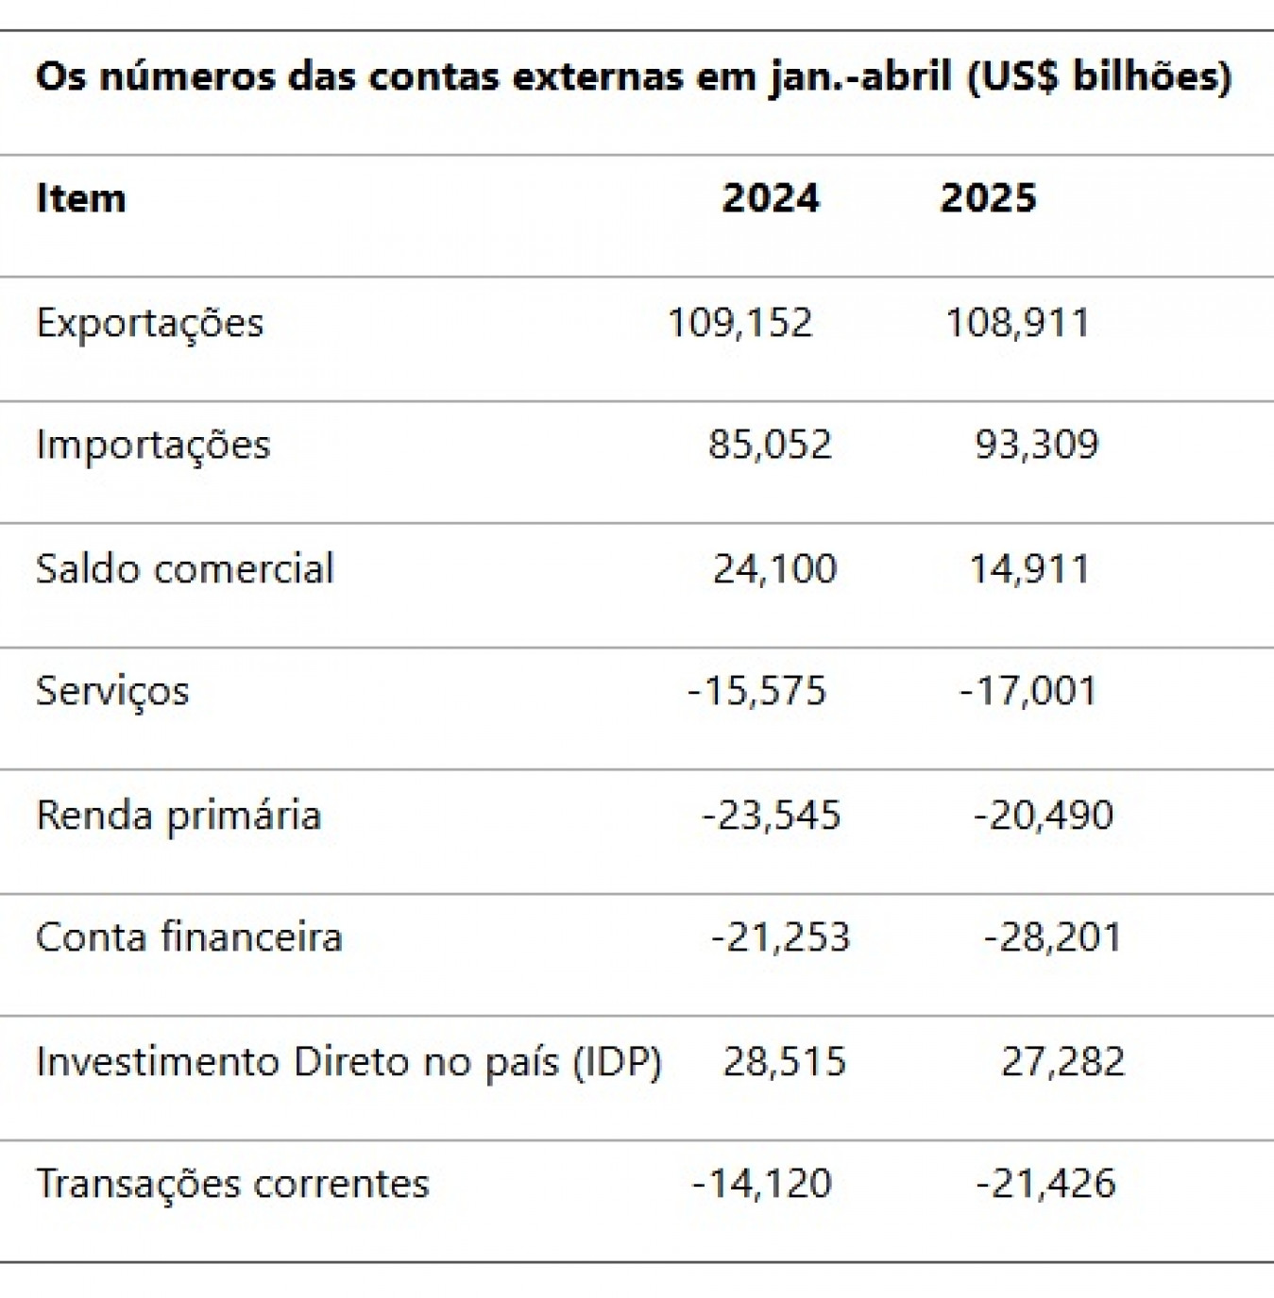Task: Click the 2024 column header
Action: click(x=771, y=198)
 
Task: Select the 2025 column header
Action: click(x=988, y=198)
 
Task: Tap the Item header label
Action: click(x=80, y=198)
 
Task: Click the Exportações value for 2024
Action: click(x=739, y=323)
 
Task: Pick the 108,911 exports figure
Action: click(x=1017, y=323)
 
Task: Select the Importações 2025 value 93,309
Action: click(x=1036, y=445)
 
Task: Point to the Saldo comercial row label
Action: click(x=185, y=569)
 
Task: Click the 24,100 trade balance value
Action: click(x=774, y=569)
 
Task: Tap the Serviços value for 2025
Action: click(x=1028, y=691)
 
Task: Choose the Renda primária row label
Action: click(x=178, y=815)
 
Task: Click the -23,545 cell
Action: click(x=771, y=815)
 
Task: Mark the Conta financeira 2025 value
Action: click(x=1052, y=937)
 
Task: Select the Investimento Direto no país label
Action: click(x=348, y=1062)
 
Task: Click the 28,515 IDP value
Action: click(x=784, y=1062)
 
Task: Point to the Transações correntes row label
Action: click(x=232, y=1184)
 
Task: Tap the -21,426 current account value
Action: click(x=1045, y=1184)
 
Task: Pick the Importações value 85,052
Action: click(x=770, y=445)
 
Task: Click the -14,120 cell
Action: click(x=761, y=1184)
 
